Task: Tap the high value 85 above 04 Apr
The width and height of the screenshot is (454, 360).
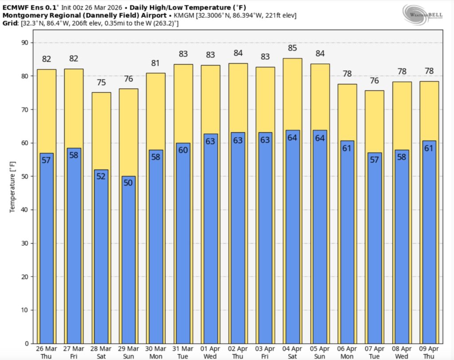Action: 293,48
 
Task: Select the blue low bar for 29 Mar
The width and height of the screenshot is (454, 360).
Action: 129,259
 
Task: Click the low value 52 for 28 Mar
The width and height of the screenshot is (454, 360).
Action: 101,176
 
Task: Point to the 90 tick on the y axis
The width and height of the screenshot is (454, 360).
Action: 24,43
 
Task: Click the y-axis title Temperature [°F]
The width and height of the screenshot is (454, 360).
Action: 12,188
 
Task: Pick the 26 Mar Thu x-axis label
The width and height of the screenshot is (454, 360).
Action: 47,352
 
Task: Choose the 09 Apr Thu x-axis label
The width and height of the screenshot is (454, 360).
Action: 429,352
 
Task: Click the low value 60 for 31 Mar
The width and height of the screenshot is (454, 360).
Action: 183,150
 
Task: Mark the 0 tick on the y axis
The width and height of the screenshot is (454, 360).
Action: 27,344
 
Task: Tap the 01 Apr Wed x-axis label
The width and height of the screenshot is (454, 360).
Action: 211,352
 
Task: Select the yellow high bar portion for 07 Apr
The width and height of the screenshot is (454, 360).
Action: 374,121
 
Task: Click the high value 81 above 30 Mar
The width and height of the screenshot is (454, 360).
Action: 156,63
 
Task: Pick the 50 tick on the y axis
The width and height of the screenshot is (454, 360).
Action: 24,176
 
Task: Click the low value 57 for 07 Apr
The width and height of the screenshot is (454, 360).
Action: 374,160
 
